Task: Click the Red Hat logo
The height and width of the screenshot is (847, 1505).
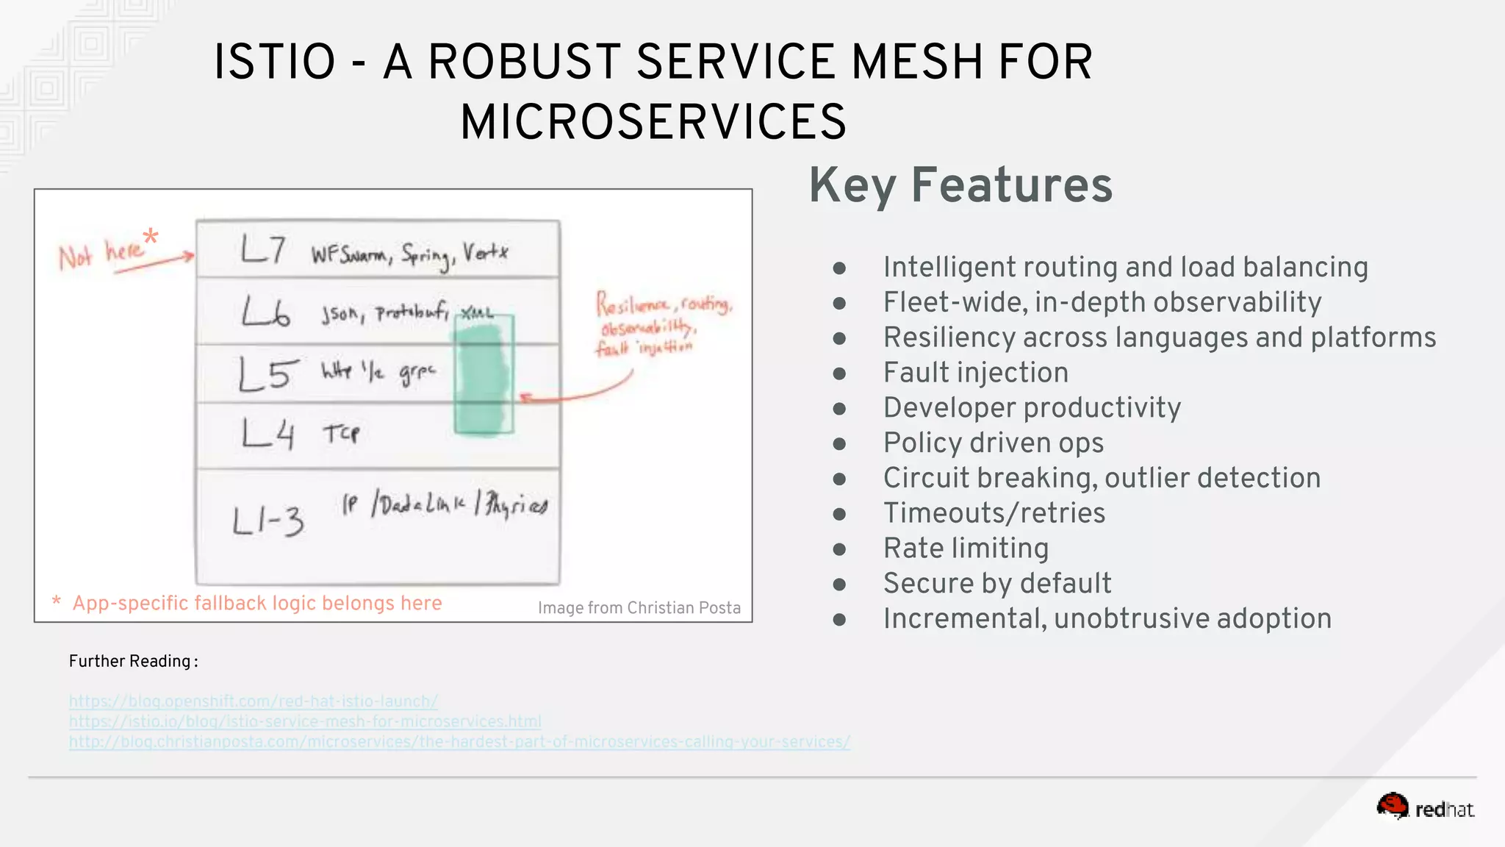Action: tap(1425, 808)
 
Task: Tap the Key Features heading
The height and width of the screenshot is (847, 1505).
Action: tap(960, 185)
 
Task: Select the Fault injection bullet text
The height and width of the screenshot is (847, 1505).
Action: tap(975, 373)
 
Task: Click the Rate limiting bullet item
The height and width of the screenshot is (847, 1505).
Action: tap(966, 548)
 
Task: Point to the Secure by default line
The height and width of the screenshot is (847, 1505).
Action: tap(996, 584)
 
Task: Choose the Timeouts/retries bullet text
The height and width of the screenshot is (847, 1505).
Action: tap(994, 513)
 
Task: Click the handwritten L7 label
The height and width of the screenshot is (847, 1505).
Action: tap(262, 250)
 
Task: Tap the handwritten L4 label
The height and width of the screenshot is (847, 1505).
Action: tap(268, 434)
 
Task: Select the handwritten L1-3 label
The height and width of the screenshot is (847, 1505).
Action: tap(267, 521)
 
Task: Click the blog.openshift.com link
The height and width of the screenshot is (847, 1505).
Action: tap(253, 701)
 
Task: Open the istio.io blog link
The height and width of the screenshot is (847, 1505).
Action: tap(305, 722)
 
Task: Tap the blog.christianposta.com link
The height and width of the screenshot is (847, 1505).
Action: tap(459, 742)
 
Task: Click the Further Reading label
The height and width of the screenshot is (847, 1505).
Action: tap(133, 662)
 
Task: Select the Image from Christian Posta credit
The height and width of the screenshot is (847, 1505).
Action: tap(639, 608)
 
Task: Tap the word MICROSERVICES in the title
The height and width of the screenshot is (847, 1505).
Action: tap(653, 122)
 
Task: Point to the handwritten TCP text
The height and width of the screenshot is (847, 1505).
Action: tap(341, 433)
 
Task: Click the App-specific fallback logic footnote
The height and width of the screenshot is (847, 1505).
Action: tap(256, 604)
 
